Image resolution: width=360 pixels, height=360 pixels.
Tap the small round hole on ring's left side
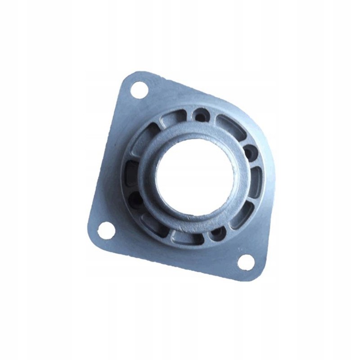(135, 197)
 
